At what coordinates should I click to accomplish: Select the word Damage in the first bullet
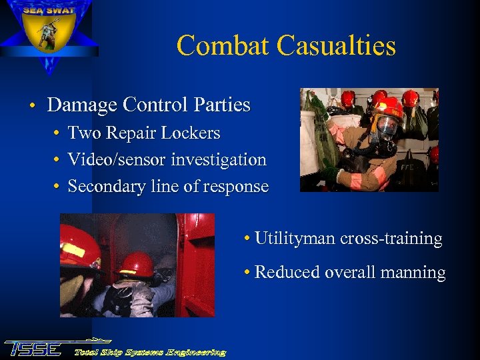81,105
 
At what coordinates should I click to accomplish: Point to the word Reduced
285,272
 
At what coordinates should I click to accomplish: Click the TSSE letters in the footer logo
33,348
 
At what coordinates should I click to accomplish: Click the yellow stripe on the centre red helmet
127,271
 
